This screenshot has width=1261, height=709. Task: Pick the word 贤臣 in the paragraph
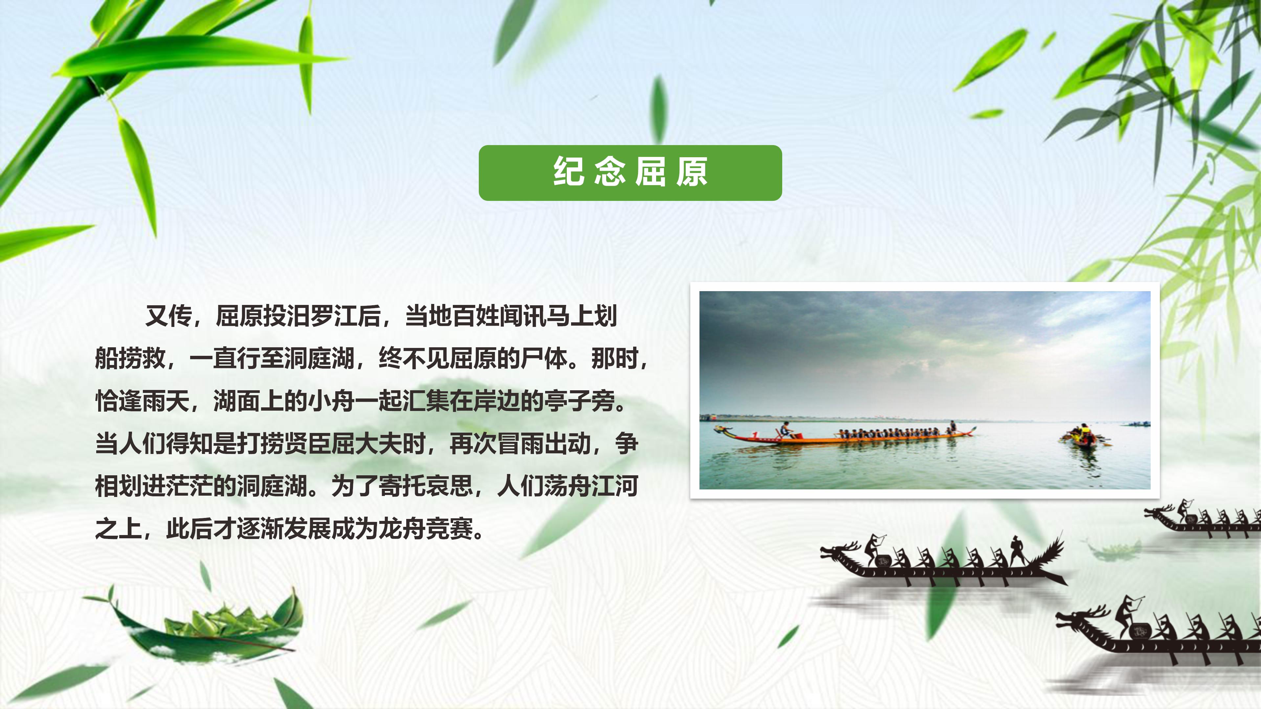(x=307, y=443)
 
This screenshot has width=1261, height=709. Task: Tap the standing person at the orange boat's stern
(x=953, y=426)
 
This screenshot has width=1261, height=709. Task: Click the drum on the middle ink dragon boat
(x=883, y=561)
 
